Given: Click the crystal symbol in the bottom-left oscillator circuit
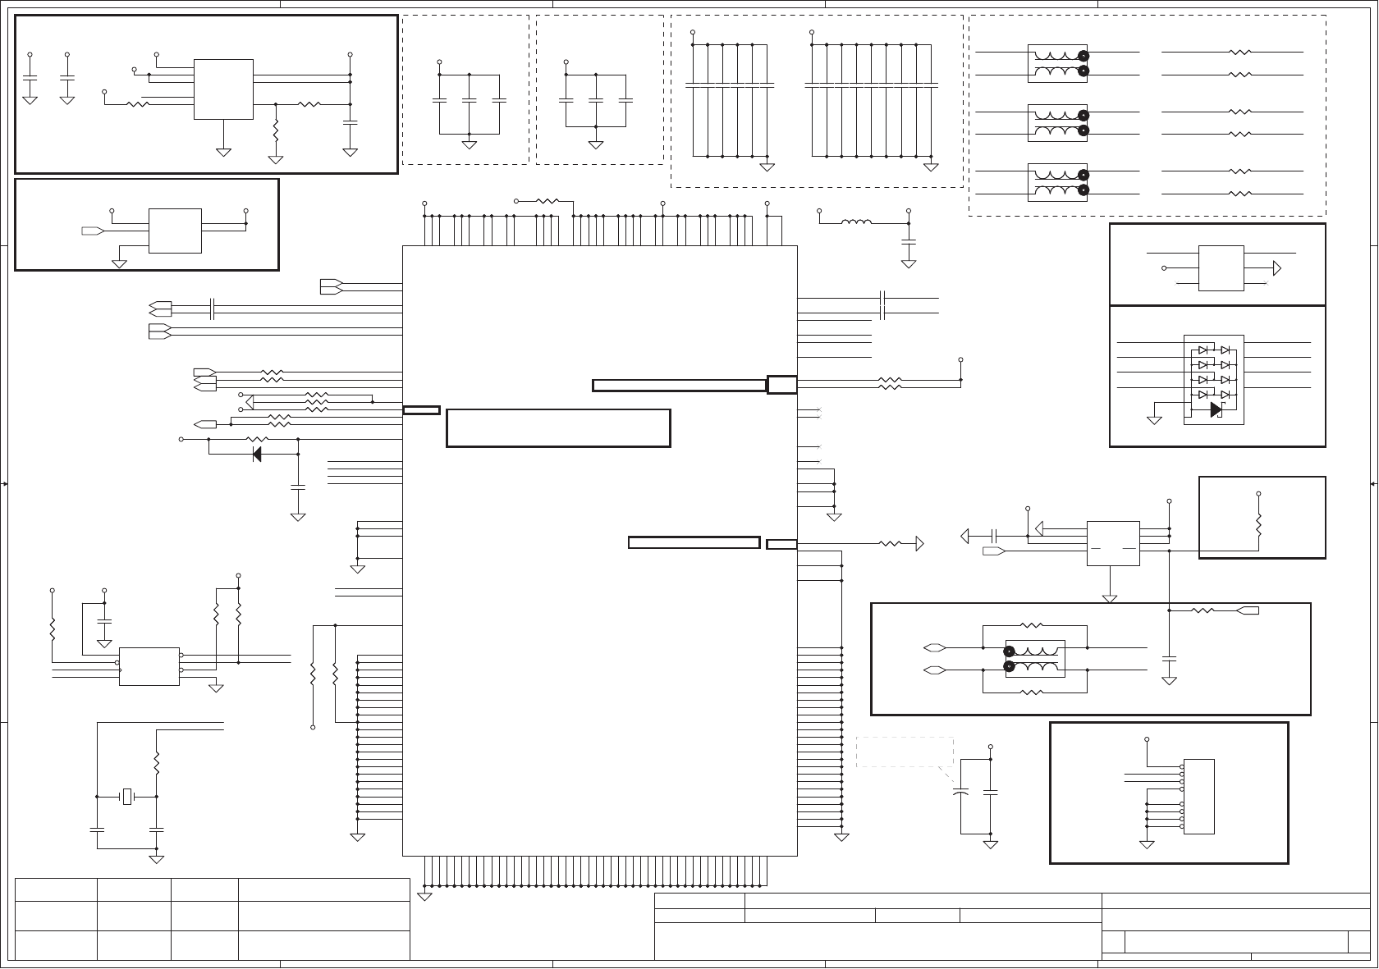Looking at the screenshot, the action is point(126,796).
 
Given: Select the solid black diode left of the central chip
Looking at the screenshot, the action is point(256,454).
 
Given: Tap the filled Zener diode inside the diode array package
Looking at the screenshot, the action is point(1216,409).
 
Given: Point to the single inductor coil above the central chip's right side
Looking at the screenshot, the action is point(857,222).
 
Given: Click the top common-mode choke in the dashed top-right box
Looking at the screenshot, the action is point(1057,64).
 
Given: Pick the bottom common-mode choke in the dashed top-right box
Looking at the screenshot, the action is point(1057,182).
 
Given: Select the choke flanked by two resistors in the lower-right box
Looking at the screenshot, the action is point(1035,659).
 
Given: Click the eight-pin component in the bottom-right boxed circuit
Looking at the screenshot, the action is point(1198,797).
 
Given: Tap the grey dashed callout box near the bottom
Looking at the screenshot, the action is point(905,752).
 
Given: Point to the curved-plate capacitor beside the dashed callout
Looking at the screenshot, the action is point(960,793).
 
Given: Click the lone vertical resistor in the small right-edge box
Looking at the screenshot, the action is point(1258,524).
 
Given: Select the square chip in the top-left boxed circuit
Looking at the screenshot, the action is point(223,89).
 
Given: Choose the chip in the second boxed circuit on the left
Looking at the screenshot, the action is point(175,231).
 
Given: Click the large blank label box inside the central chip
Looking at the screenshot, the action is point(558,427).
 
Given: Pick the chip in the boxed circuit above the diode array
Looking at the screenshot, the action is point(1221,267).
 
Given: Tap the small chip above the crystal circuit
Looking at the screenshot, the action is point(149,666).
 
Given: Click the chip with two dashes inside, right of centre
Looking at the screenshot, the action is point(1112,543).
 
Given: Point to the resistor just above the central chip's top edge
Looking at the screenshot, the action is point(547,200).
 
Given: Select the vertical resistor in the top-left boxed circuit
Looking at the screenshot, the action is point(276,131).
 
